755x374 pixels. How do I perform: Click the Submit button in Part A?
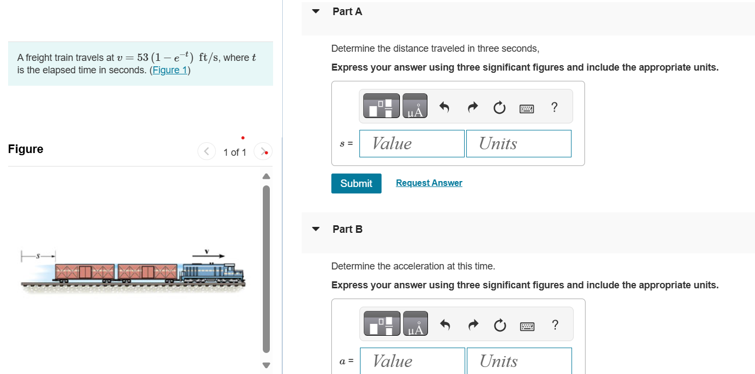click(356, 183)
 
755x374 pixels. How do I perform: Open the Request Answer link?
click(429, 183)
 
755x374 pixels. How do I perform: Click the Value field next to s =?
click(412, 144)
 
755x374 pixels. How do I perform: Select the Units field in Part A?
click(519, 144)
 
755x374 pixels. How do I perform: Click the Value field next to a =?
click(412, 361)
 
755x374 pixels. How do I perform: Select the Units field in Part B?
click(519, 361)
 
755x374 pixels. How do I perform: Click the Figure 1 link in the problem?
click(170, 70)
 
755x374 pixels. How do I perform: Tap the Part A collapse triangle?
click(316, 11)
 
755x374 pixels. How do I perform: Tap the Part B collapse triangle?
click(316, 229)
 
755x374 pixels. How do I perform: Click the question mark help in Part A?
click(554, 107)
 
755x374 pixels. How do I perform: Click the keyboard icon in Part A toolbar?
click(527, 108)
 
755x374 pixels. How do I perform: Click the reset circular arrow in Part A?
click(499, 108)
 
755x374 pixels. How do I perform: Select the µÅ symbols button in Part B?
click(415, 324)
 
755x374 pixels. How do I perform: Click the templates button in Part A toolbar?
click(382, 106)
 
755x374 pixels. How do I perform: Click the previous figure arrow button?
click(206, 152)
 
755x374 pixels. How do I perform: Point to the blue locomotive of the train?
click(213, 272)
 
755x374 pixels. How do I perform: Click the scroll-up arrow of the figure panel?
click(265, 176)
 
